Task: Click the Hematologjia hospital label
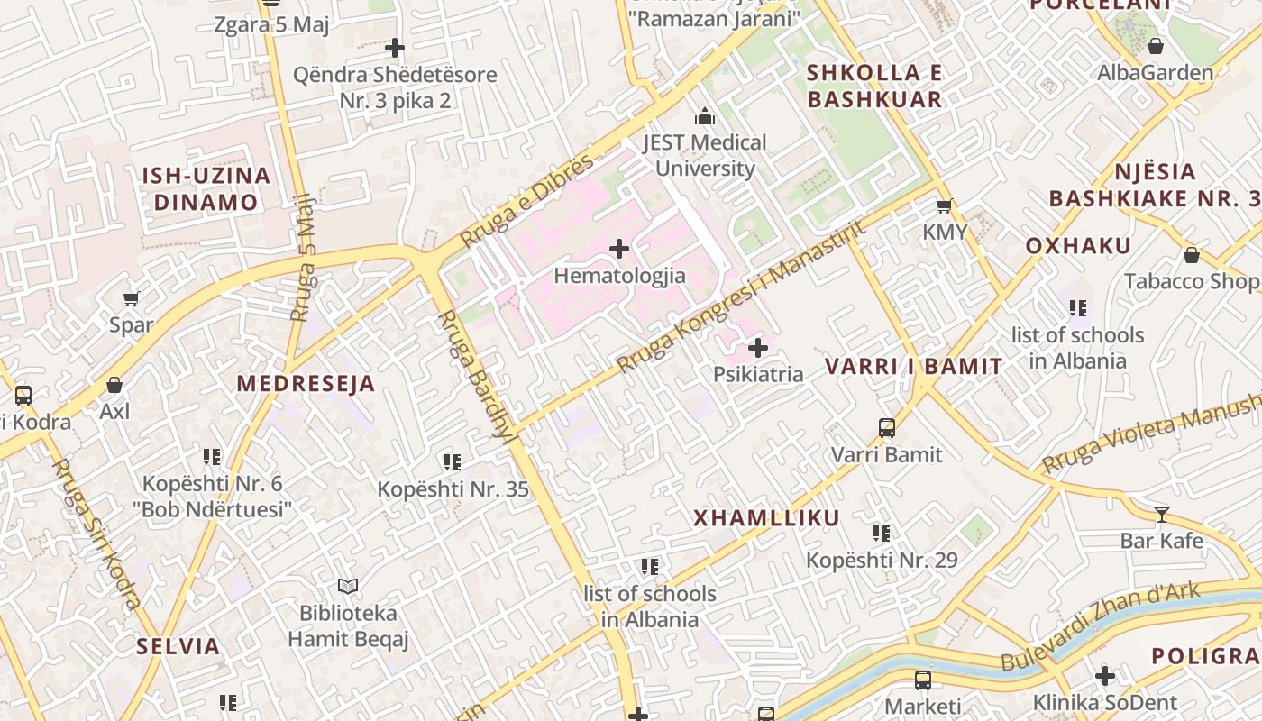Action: click(x=619, y=276)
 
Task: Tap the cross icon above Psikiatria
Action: click(x=758, y=347)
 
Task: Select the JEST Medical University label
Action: click(x=704, y=155)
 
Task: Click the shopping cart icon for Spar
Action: click(x=132, y=298)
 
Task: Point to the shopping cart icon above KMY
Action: click(x=944, y=205)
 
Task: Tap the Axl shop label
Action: click(x=114, y=412)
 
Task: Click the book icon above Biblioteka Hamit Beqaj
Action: click(x=348, y=586)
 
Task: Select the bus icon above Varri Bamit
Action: click(x=887, y=427)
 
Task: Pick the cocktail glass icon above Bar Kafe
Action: click(x=1162, y=515)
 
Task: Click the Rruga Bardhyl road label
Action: click(x=474, y=374)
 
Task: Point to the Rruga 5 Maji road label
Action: click(x=304, y=258)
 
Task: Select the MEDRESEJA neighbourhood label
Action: click(x=306, y=384)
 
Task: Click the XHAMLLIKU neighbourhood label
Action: click(x=766, y=518)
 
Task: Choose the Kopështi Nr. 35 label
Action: click(x=453, y=490)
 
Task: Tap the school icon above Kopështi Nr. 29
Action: click(x=882, y=534)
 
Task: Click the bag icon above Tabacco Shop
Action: click(x=1191, y=255)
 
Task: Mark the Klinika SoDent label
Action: click(x=1104, y=703)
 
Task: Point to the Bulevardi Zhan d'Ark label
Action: click(x=1100, y=627)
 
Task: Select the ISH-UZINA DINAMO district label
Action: click(x=206, y=188)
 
